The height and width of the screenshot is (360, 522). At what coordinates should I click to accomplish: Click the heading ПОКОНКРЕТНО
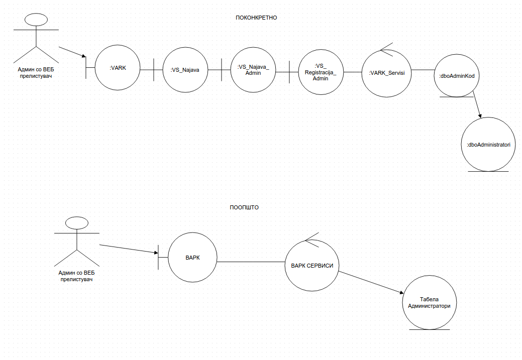click(x=256, y=18)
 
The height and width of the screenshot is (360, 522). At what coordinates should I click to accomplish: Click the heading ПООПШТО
click(x=244, y=207)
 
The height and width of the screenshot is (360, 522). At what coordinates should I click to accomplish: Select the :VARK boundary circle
click(x=118, y=68)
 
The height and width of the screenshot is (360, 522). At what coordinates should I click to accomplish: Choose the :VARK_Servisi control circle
click(x=386, y=72)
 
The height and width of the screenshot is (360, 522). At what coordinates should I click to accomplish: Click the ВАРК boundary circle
click(x=192, y=258)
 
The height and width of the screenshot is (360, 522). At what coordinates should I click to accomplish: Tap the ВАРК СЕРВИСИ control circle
click(x=312, y=266)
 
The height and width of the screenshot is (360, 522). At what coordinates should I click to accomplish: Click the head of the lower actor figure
click(x=76, y=224)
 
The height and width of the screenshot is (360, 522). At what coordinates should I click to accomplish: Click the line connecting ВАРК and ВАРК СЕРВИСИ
click(x=251, y=262)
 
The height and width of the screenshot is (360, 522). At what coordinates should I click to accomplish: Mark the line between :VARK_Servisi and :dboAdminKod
click(x=423, y=70)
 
